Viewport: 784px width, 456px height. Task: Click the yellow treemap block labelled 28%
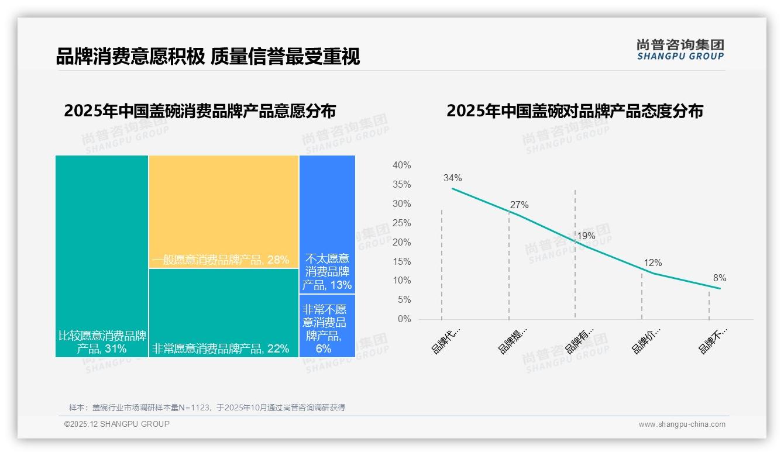tap(223, 212)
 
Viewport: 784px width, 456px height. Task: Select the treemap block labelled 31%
tap(102, 256)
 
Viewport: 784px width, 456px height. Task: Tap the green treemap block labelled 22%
tap(223, 313)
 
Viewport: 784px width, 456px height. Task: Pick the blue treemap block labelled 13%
tap(327, 224)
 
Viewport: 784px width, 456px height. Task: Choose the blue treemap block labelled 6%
tap(327, 326)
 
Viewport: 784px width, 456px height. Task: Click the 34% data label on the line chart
tap(452, 178)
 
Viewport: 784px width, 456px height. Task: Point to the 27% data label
tap(519, 205)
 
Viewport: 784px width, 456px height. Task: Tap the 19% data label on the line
tap(586, 236)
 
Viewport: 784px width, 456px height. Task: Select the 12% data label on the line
tap(653, 263)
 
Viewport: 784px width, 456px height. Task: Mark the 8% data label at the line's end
tap(720, 278)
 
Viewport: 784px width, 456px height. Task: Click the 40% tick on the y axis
tap(401, 165)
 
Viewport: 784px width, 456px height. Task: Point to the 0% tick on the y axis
tap(404, 319)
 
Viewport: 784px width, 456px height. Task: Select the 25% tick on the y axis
tap(401, 223)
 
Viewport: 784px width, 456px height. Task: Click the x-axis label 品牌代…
tap(446, 340)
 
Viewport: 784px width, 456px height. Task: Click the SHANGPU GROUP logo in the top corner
tap(680, 49)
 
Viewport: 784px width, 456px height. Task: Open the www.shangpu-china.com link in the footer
tap(682, 424)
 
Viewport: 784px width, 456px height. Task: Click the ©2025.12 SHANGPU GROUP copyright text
tap(117, 424)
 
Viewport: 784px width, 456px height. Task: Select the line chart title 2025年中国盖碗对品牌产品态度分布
tap(575, 111)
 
